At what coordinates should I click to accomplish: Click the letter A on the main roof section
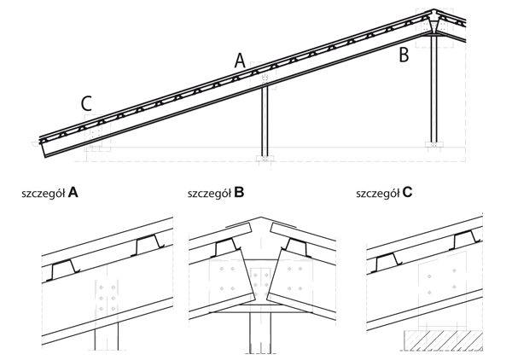[240, 61]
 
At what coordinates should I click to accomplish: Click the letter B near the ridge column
[404, 56]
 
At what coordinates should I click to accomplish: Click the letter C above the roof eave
[86, 104]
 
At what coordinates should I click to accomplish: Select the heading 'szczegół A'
[50, 194]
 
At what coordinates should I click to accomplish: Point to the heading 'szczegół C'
[384, 194]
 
